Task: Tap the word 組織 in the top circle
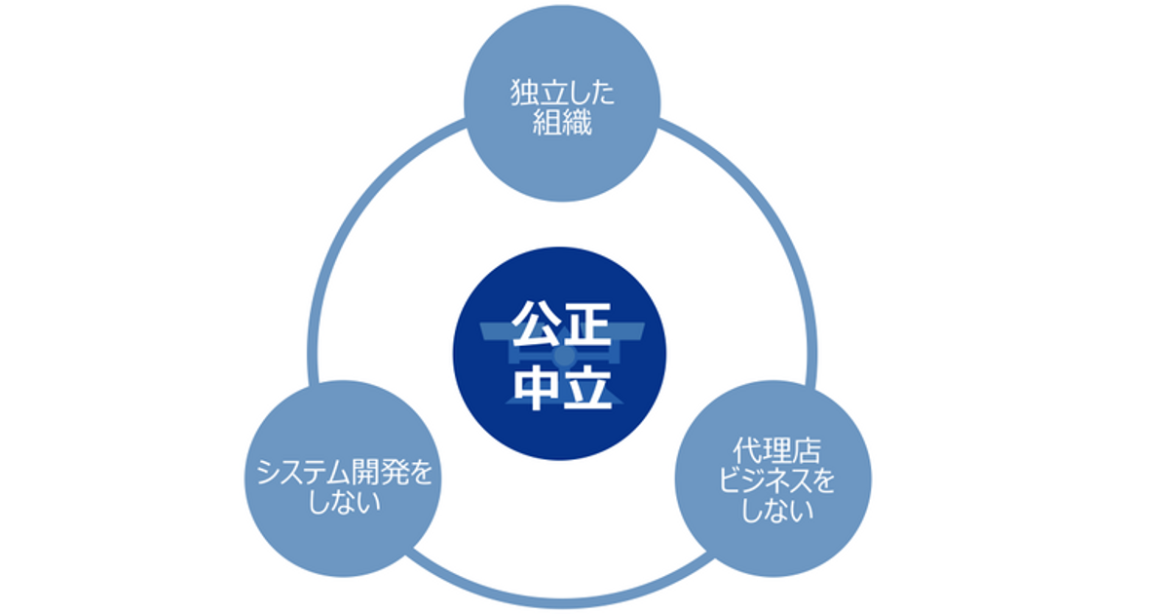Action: point(562,124)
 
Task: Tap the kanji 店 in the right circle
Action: point(804,451)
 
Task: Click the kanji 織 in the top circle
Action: point(577,124)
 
